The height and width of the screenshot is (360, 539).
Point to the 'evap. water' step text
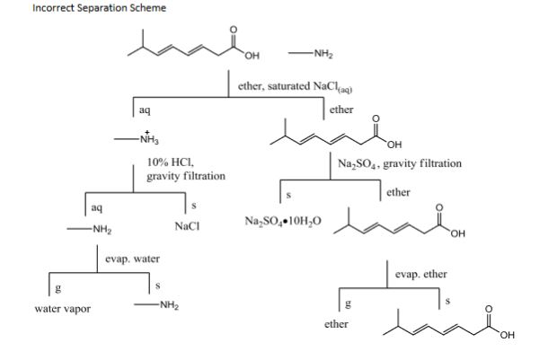click(x=133, y=259)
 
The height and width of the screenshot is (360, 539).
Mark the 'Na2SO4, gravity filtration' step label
click(x=401, y=163)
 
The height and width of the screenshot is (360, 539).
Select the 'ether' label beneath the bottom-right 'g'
click(x=336, y=323)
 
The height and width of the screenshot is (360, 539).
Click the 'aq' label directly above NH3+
click(x=144, y=109)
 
